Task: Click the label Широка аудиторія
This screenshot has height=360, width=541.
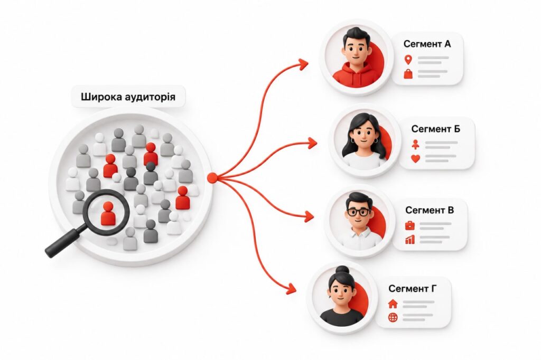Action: tap(128, 96)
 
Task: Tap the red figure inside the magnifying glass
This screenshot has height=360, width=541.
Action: tap(108, 214)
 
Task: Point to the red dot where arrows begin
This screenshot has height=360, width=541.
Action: tap(212, 178)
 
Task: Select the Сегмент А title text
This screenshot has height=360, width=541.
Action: tap(427, 44)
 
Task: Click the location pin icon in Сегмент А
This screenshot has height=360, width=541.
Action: tap(408, 60)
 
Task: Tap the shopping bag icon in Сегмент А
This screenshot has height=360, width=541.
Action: tap(408, 74)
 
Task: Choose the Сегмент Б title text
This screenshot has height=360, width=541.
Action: tap(435, 129)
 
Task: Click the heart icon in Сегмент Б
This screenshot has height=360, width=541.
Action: tap(416, 158)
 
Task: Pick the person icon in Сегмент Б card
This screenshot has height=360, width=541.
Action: tap(416, 145)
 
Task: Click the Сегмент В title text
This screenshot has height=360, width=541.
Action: tap(430, 210)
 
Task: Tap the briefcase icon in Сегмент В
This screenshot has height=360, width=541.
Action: tap(410, 226)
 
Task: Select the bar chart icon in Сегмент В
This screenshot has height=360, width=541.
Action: tap(410, 239)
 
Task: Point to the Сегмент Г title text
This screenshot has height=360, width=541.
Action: tap(413, 288)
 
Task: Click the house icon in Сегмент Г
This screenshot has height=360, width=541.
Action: tap(393, 304)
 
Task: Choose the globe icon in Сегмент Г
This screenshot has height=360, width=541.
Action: tap(393, 318)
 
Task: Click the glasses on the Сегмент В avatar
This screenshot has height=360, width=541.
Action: tap(359, 212)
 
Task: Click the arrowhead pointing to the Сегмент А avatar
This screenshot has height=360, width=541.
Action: tap(303, 64)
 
